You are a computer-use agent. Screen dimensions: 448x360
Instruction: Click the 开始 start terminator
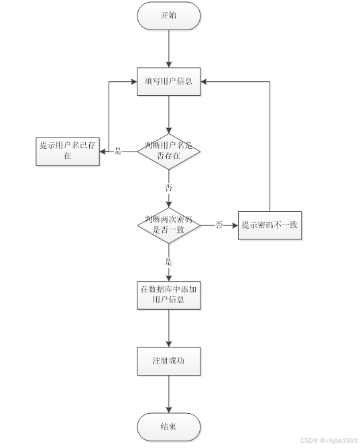tap(168, 16)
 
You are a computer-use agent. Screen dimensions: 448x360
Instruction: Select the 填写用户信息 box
tap(168, 82)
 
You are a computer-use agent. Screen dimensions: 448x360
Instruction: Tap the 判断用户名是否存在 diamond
tap(168, 151)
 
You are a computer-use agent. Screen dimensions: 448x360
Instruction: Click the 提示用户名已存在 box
tap(68, 151)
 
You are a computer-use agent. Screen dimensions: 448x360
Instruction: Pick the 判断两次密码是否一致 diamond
tap(168, 225)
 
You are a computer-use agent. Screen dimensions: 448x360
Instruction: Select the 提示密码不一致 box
tap(269, 225)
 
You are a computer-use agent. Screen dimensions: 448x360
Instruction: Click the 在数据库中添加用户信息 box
tap(168, 295)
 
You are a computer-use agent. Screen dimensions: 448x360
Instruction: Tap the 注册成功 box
tap(168, 361)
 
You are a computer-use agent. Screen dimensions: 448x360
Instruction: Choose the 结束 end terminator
tap(168, 427)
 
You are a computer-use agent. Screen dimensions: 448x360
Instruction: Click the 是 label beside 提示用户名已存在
tap(118, 152)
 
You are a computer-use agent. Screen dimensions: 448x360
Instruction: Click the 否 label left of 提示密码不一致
tap(219, 225)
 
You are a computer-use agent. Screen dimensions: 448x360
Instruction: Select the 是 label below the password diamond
tap(168, 262)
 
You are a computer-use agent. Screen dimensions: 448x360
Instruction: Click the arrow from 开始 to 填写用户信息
tap(168, 48)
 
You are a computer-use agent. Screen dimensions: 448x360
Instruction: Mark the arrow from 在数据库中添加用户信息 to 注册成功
tap(168, 328)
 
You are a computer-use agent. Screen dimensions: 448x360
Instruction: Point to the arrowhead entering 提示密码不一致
tap(235, 225)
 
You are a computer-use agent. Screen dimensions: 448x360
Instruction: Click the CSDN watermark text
tap(328, 440)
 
